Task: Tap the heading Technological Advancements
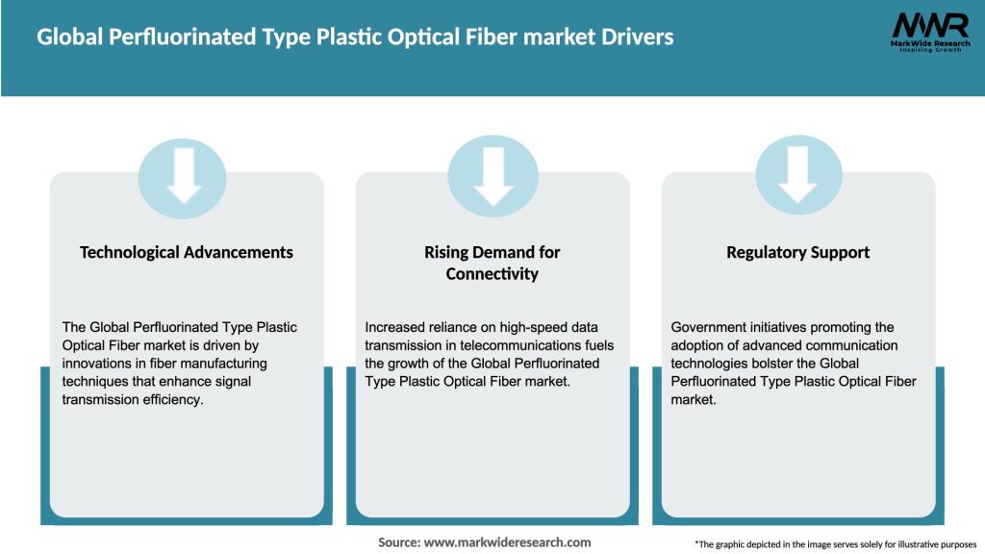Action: click(187, 252)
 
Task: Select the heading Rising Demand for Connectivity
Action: click(492, 263)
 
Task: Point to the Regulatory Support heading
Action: click(797, 252)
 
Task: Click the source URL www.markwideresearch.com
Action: click(507, 542)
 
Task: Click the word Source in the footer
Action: click(399, 542)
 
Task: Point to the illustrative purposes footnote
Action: click(835, 544)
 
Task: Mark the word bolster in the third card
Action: click(821, 364)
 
